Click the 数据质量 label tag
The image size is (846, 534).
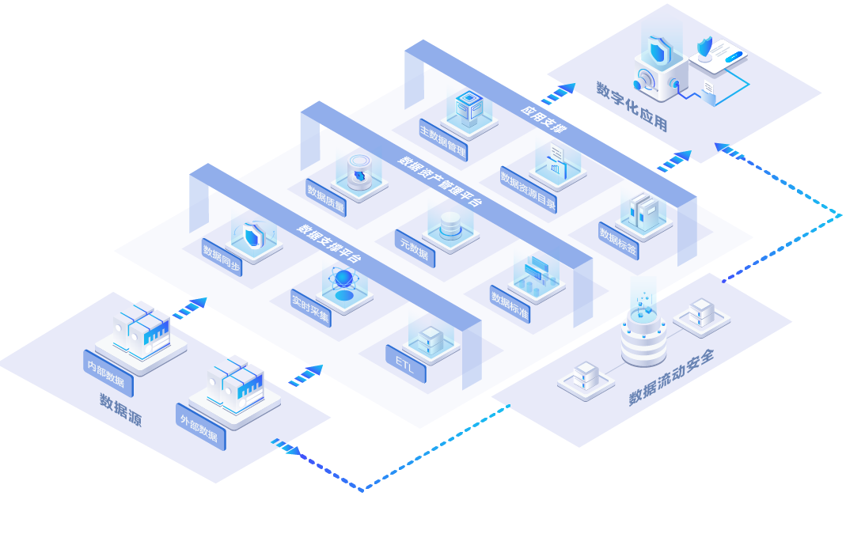tap(326, 198)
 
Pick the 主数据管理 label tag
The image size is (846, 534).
tap(443, 139)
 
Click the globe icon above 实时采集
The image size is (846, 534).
tap(344, 278)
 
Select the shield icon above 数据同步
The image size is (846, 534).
tap(253, 235)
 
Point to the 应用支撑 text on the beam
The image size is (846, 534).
tap(544, 118)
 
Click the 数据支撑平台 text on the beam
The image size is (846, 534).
tap(329, 243)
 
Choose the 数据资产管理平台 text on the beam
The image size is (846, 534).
tap(439, 181)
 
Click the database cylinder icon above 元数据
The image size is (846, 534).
tap(450, 225)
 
